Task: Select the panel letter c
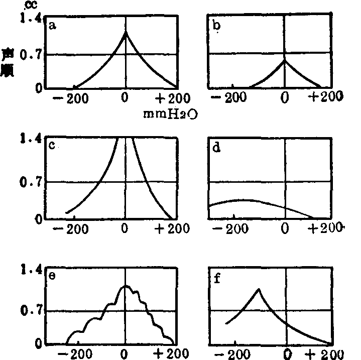click(52, 146)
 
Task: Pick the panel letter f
click(217, 276)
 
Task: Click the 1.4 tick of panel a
click(29, 19)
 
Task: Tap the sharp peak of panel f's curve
click(258, 289)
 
